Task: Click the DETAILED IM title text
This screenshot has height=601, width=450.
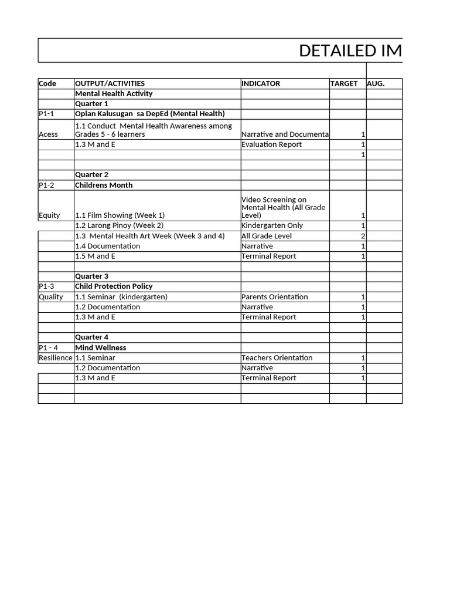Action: click(x=350, y=51)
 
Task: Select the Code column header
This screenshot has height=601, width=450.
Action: click(x=47, y=83)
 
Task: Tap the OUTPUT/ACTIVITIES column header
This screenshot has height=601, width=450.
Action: click(x=110, y=83)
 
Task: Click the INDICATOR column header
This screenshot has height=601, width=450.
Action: click(x=261, y=83)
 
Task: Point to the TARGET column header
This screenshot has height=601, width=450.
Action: click(x=344, y=83)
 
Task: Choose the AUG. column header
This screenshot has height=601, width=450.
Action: click(x=376, y=83)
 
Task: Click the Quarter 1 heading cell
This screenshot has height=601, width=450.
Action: click(x=91, y=104)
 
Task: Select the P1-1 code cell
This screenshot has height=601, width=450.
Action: click(x=46, y=114)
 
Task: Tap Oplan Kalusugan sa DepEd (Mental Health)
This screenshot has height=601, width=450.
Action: click(x=150, y=114)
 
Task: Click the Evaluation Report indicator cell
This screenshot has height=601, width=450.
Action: click(x=272, y=144)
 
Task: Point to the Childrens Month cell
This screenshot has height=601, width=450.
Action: click(x=104, y=185)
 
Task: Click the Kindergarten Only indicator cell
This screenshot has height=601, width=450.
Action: click(x=272, y=225)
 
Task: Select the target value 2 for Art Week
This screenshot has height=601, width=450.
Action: click(x=363, y=236)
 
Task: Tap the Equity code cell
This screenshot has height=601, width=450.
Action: click(x=49, y=215)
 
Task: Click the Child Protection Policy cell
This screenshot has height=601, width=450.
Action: click(x=114, y=286)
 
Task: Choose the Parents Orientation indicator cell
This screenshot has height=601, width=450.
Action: click(x=275, y=297)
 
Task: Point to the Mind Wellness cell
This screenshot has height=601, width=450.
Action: click(x=101, y=347)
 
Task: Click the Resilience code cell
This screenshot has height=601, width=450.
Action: click(x=56, y=357)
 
